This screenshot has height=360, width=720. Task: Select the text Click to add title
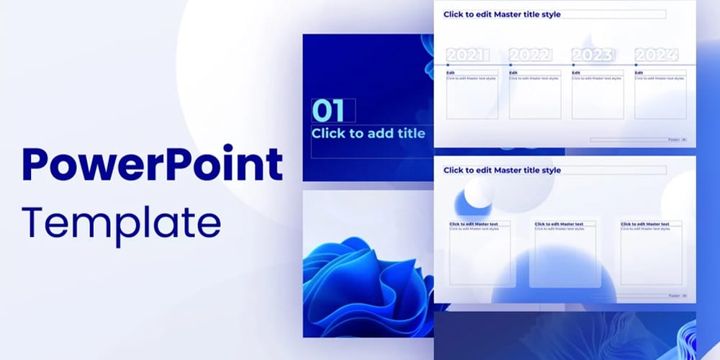pyautogui.click(x=368, y=133)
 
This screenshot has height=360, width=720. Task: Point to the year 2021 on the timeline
pyautogui.click(x=467, y=55)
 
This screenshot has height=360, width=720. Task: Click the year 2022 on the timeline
pyautogui.click(x=530, y=55)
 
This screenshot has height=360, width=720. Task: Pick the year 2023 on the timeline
pyautogui.click(x=593, y=55)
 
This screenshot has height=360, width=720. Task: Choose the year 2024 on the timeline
pyautogui.click(x=656, y=55)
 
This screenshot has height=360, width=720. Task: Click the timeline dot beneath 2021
pyautogui.click(x=447, y=65)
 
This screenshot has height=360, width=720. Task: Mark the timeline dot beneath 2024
pyautogui.click(x=636, y=65)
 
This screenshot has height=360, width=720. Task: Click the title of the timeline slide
pyautogui.click(x=502, y=14)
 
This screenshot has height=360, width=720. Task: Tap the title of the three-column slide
pyautogui.click(x=502, y=171)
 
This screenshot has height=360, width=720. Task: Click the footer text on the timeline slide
pyautogui.click(x=674, y=140)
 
